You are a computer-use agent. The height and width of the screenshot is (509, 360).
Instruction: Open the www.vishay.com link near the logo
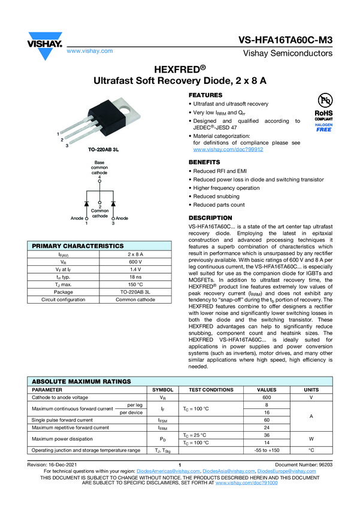coord(90,51)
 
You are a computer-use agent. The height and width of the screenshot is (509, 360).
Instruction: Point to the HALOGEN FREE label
coord(323,128)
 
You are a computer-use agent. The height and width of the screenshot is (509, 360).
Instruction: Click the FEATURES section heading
coord(205,96)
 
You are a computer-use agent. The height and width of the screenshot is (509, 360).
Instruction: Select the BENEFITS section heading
coord(204,162)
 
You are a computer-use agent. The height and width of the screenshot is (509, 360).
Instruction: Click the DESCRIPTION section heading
coord(210,217)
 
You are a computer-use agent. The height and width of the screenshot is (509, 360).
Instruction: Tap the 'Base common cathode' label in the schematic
coord(99,167)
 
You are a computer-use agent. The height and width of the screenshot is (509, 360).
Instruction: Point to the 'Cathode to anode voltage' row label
coord(60,397)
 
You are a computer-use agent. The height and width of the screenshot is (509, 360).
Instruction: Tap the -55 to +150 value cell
coord(267,450)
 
